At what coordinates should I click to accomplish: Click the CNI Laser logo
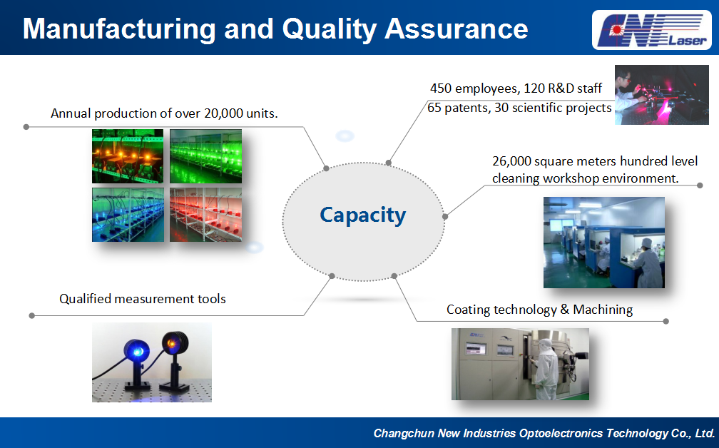point(652,30)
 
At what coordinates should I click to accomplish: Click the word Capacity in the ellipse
point(362,215)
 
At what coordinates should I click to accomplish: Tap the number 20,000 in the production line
point(224,113)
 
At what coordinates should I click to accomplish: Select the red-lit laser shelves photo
point(205,215)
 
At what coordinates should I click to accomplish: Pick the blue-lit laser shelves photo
point(128,215)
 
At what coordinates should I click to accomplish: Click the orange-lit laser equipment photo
point(128,156)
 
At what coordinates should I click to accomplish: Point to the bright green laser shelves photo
point(205,156)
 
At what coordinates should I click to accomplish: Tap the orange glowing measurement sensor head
point(175,345)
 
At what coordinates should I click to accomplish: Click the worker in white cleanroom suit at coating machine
point(546,369)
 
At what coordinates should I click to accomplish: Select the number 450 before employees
point(441,88)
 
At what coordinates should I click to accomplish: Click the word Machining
point(603,310)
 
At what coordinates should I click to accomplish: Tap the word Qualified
point(86,299)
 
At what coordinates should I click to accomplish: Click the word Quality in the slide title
point(330,29)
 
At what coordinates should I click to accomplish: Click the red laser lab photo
point(662,95)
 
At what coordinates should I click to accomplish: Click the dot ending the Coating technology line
point(666,321)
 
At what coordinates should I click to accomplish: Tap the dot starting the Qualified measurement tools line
point(31,315)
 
